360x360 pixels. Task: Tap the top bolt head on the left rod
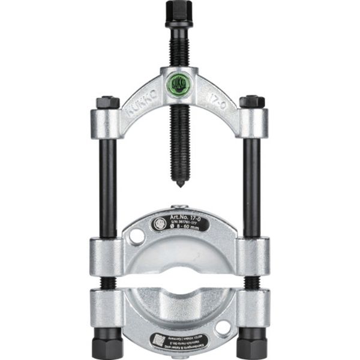click(107, 102)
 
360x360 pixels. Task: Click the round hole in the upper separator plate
click(137, 236)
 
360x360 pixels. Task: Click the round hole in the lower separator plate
click(223, 328)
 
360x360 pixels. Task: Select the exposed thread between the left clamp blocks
click(108, 283)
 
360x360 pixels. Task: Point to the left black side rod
click(108, 180)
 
